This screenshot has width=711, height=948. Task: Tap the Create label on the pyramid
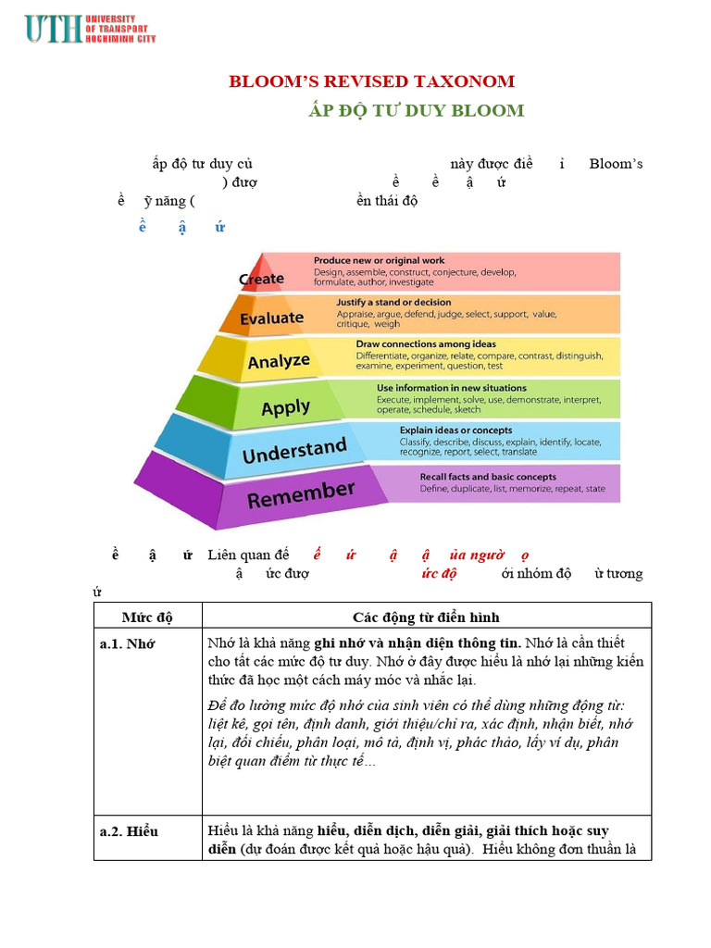click(261, 279)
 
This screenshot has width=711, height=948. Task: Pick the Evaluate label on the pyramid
click(271, 318)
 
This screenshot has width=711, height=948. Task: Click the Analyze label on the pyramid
click(279, 361)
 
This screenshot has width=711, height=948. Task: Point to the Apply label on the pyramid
click(285, 407)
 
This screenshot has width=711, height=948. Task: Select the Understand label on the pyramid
click(293, 452)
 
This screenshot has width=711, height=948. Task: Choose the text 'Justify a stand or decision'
click(393, 302)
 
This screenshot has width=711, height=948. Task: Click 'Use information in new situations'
click(451, 388)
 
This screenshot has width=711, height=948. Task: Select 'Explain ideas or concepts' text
click(455, 430)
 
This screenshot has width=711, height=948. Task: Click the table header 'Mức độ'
click(147, 617)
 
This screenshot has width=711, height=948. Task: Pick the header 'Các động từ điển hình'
click(426, 617)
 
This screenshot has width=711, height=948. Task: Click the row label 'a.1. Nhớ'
click(127, 644)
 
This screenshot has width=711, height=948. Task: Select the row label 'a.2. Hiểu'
click(129, 831)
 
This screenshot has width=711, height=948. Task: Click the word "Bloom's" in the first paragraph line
click(616, 164)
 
